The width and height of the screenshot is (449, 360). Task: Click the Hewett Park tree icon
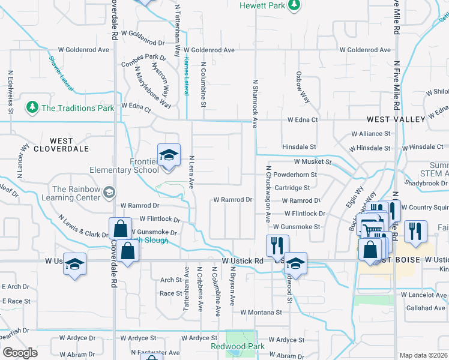[294, 6]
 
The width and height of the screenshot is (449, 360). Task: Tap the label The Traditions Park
[77, 108]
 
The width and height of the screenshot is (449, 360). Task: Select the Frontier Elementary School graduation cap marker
[169, 155]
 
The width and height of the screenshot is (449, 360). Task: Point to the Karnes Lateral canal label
[186, 78]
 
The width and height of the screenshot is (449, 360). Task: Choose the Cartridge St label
[291, 188]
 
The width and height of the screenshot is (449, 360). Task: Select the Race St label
[170, 293]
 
